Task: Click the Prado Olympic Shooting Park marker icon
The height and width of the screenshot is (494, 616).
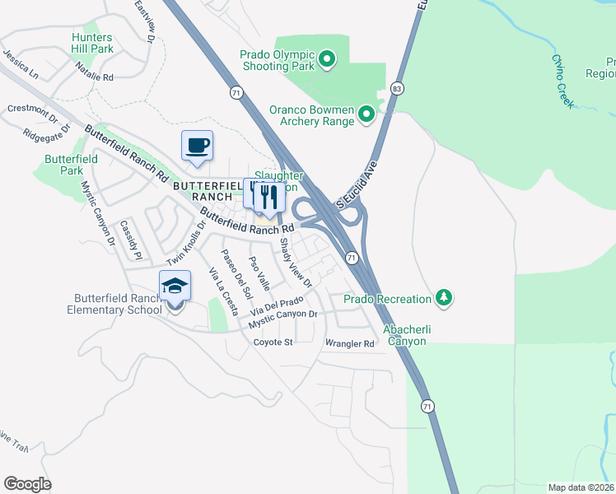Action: pos(327,58)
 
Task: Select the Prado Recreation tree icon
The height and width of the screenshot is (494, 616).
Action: pos(445,297)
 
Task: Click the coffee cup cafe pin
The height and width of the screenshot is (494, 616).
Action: pos(197,147)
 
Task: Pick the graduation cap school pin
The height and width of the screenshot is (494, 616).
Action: pos(175,287)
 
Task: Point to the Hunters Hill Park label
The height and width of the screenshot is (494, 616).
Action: pos(92,44)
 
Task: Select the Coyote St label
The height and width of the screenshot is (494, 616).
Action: pos(273,342)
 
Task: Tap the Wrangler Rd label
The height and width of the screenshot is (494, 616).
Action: pos(350,343)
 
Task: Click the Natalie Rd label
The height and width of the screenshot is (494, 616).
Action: pos(92,77)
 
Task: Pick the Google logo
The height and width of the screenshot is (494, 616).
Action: pos(27,484)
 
